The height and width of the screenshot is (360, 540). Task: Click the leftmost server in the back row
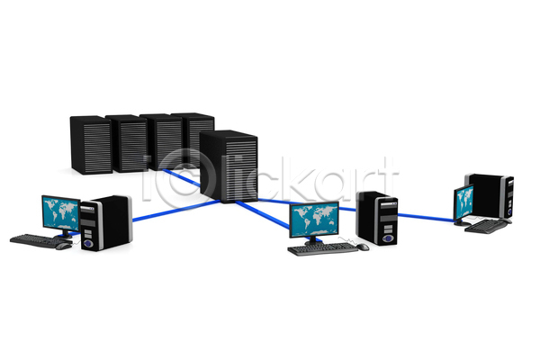(x=91, y=145)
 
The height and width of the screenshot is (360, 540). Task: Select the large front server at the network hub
(x=229, y=166)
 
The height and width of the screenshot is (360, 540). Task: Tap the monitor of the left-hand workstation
(x=61, y=212)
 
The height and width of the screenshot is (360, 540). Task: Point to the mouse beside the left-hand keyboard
(x=63, y=246)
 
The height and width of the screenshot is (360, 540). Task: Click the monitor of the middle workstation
(x=314, y=220)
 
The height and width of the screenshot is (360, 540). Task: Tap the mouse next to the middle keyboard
(x=363, y=247)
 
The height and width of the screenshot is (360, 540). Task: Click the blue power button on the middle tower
(x=388, y=238)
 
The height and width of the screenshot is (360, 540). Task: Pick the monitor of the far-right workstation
(x=463, y=202)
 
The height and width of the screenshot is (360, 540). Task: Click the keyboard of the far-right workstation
(x=486, y=226)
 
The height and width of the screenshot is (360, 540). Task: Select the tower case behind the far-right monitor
(x=490, y=195)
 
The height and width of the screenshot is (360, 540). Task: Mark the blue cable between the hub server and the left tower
(x=176, y=210)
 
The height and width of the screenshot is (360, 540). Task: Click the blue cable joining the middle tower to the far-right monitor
(x=426, y=218)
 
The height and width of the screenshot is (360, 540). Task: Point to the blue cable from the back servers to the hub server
(x=182, y=177)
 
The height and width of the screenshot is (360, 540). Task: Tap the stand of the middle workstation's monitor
(x=314, y=240)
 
